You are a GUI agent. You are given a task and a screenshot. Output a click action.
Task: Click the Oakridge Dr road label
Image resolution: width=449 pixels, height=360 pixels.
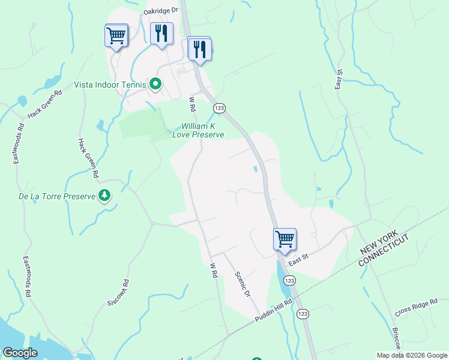161,10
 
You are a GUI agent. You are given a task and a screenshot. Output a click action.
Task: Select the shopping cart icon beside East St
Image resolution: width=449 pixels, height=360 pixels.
285,239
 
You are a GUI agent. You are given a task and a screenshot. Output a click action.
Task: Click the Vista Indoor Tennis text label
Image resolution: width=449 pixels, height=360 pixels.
110,85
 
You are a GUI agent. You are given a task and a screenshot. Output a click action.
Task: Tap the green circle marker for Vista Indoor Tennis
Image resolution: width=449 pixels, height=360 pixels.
155,84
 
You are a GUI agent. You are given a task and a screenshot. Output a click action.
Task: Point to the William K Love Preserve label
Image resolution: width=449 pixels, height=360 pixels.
198,130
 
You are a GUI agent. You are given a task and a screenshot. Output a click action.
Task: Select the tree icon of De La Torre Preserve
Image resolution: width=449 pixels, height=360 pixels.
105,195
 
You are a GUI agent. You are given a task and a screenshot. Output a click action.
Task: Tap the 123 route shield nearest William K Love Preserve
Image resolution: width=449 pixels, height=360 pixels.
219,107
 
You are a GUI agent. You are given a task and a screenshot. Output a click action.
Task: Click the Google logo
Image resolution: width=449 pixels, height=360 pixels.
20,353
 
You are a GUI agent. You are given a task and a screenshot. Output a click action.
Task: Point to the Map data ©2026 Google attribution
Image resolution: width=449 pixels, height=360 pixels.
411,355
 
